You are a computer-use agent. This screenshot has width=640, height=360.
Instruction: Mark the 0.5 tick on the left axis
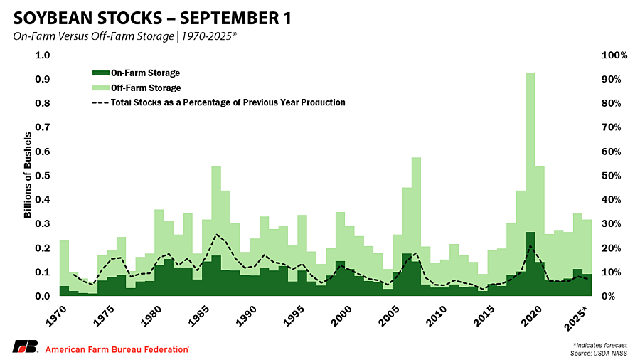(43, 176)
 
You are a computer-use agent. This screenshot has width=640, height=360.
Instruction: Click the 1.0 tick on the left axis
(43, 55)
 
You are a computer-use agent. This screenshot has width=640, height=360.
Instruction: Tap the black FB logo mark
(25, 347)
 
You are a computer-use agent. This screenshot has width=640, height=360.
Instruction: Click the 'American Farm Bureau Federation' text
(117, 349)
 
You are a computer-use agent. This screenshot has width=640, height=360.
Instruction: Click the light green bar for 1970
(64, 263)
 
